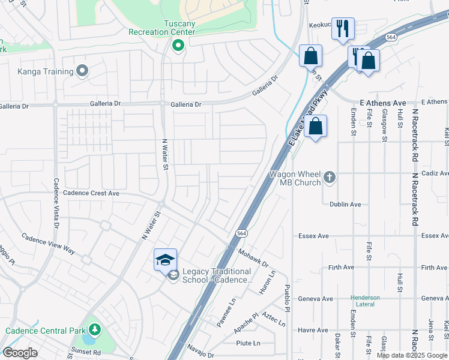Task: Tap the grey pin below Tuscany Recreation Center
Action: [x=178, y=46]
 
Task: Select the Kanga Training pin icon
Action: [x=83, y=71]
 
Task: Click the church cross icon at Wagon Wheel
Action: [x=329, y=177]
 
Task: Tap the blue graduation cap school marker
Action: [x=165, y=259]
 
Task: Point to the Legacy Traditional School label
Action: [x=216, y=275]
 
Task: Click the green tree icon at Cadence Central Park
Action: [x=94, y=331]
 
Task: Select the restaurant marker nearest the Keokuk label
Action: [x=343, y=28]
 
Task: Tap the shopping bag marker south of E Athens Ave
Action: [x=315, y=127]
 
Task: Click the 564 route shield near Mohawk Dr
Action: [x=241, y=233]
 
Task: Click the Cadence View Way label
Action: [x=49, y=244]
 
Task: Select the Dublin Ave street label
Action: [x=345, y=205]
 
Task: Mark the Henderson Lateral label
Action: [x=365, y=301]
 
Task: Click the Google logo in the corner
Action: [x=20, y=353]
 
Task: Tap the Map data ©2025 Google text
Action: [x=412, y=355]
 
